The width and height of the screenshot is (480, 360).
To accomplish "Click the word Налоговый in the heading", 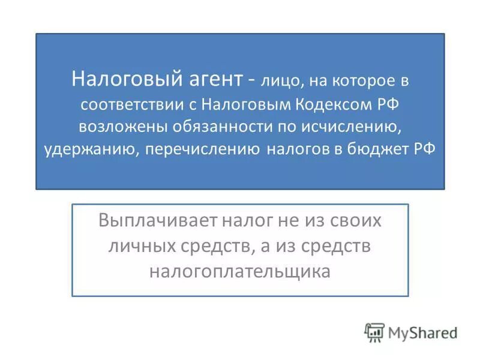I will [x=113, y=78].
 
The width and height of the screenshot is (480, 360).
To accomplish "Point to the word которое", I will [x=359, y=79].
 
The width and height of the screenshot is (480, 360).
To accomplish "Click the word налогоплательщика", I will [x=240, y=271].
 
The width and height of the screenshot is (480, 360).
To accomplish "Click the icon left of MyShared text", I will [x=374, y=332].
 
